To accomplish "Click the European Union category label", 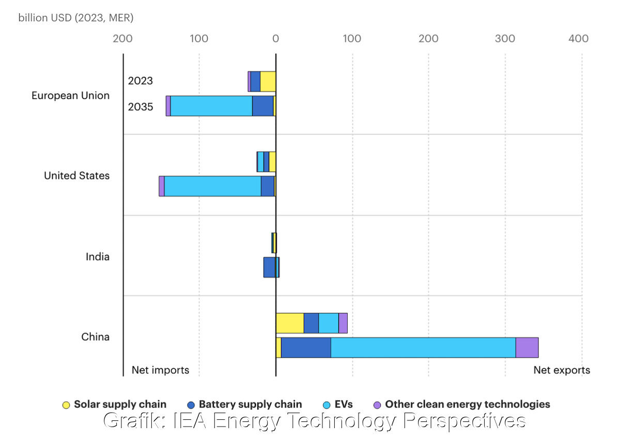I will (x=70, y=96).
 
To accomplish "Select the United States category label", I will (x=76, y=176).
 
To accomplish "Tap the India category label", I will (x=98, y=256).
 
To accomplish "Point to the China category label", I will (x=96, y=337).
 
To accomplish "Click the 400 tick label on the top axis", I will (x=578, y=39).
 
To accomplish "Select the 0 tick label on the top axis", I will (x=275, y=39).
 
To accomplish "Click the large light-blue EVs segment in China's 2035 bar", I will (x=423, y=347).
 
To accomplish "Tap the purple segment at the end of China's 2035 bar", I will (x=527, y=347).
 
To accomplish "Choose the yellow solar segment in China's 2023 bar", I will (x=289, y=323).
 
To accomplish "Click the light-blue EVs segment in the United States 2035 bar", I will (x=212, y=186).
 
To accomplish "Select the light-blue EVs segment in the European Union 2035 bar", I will (x=211, y=106).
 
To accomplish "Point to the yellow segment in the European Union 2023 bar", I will (x=268, y=82).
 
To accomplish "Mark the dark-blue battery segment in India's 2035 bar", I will (x=269, y=267).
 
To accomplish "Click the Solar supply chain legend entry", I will (x=114, y=404).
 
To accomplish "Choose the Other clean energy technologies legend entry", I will (x=461, y=404).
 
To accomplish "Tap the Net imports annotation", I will (x=160, y=370).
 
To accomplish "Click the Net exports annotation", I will (x=562, y=370).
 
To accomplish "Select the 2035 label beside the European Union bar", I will (x=141, y=108).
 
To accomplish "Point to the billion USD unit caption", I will (x=76, y=18).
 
